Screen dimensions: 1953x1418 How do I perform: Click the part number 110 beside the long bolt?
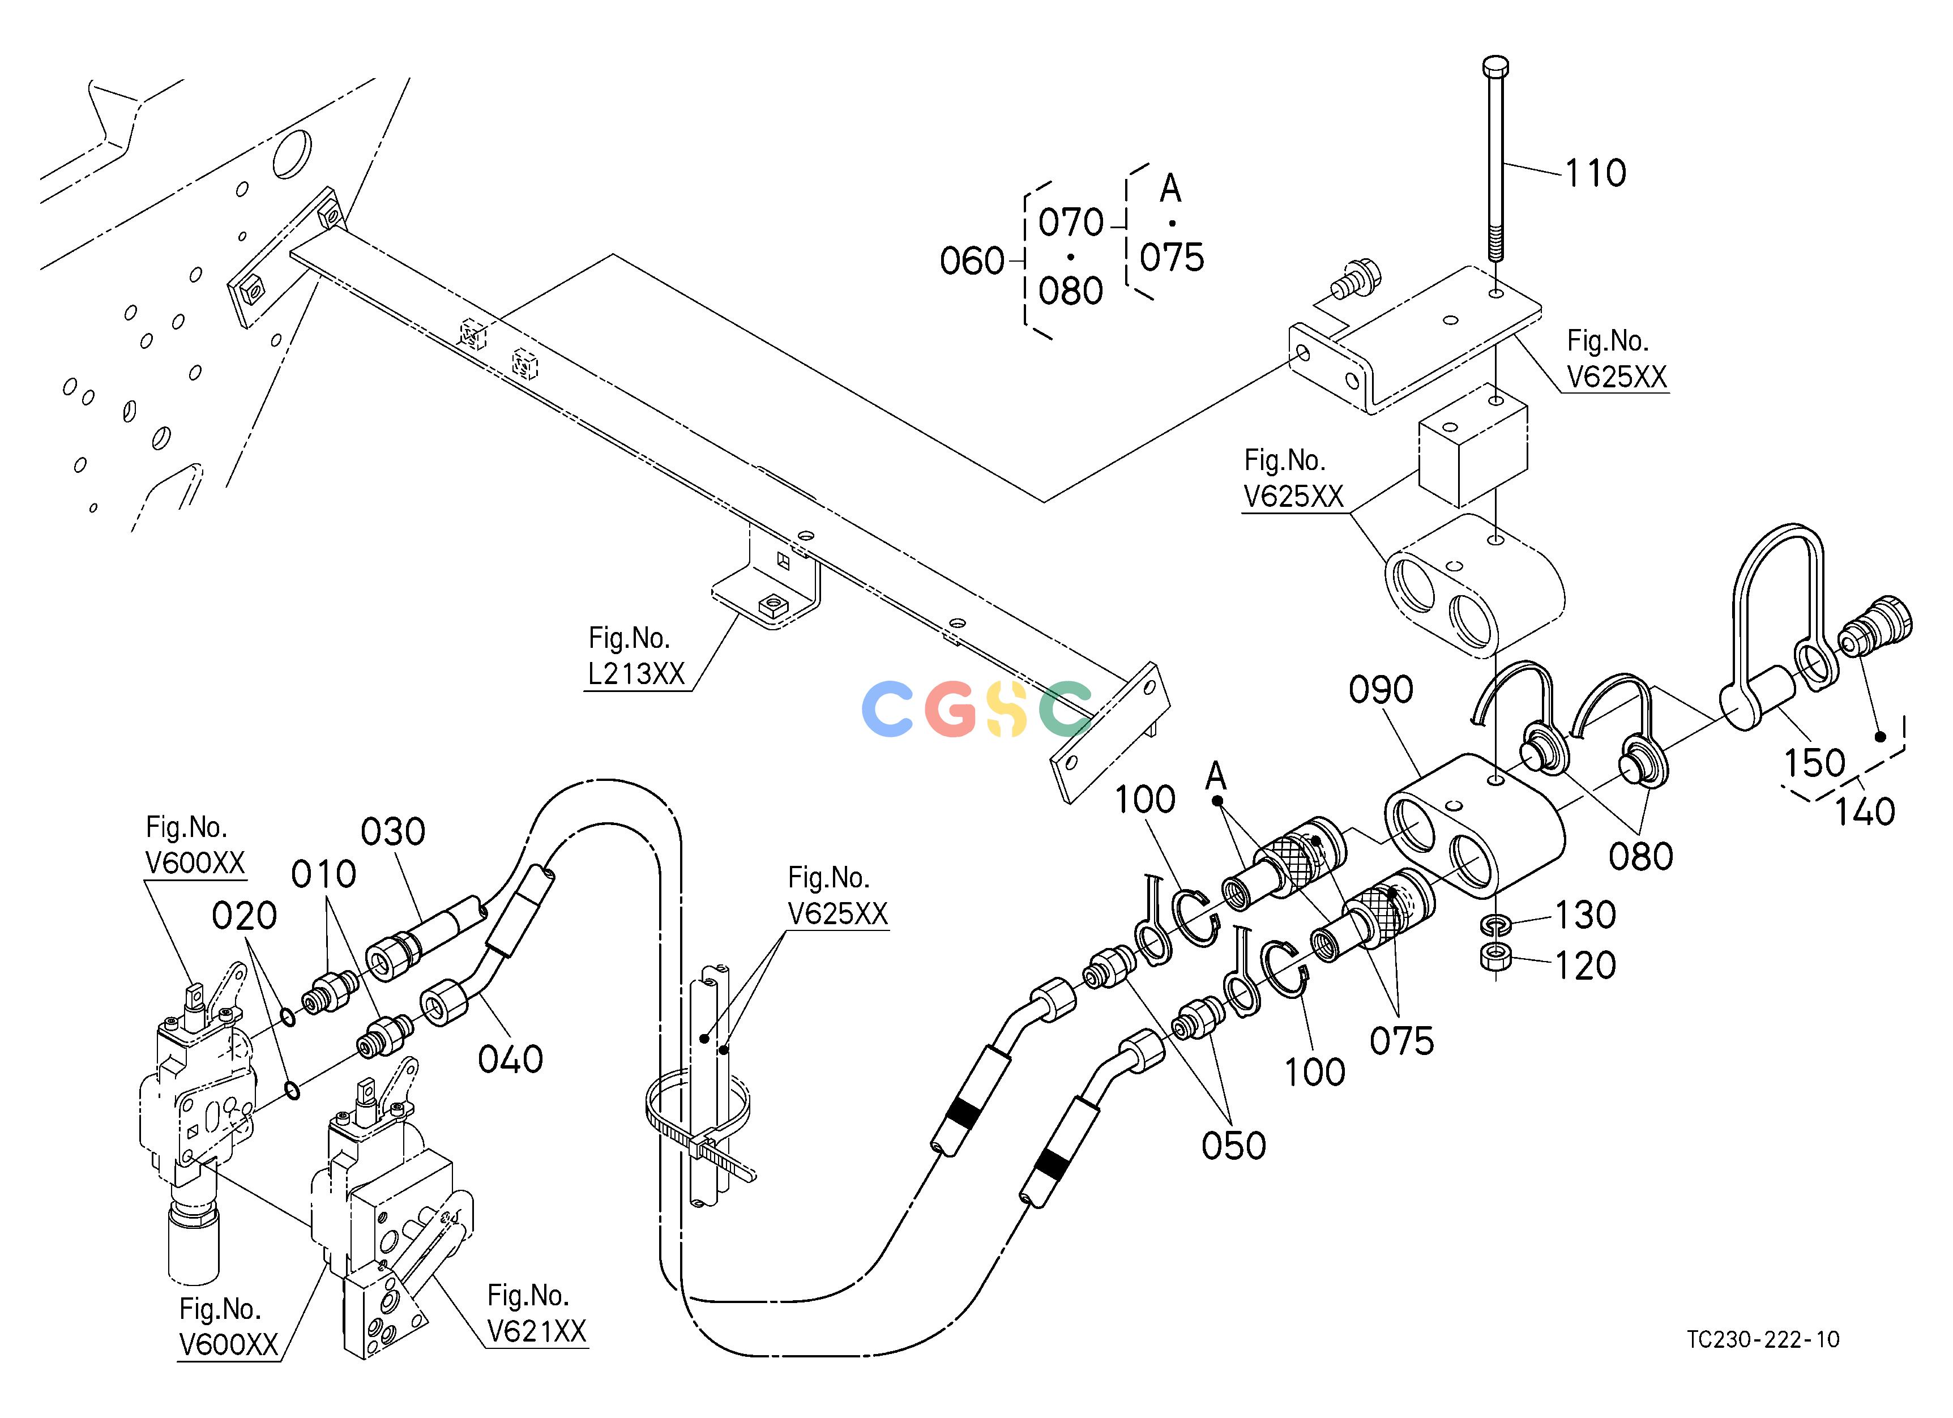click(1595, 173)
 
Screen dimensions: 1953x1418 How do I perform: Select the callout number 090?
click(1381, 690)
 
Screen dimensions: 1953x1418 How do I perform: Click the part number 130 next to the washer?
click(1584, 915)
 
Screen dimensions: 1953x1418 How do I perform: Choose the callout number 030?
click(392, 832)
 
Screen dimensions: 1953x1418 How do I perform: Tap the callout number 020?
click(245, 916)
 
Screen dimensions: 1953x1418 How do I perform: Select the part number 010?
click(324, 875)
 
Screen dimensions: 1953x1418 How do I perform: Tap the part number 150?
click(1814, 763)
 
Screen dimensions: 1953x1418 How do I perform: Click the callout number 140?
click(1864, 812)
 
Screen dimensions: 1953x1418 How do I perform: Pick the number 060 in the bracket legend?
click(972, 261)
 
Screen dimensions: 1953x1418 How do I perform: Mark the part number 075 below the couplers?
click(1402, 1041)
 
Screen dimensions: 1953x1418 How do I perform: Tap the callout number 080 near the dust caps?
click(1641, 857)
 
